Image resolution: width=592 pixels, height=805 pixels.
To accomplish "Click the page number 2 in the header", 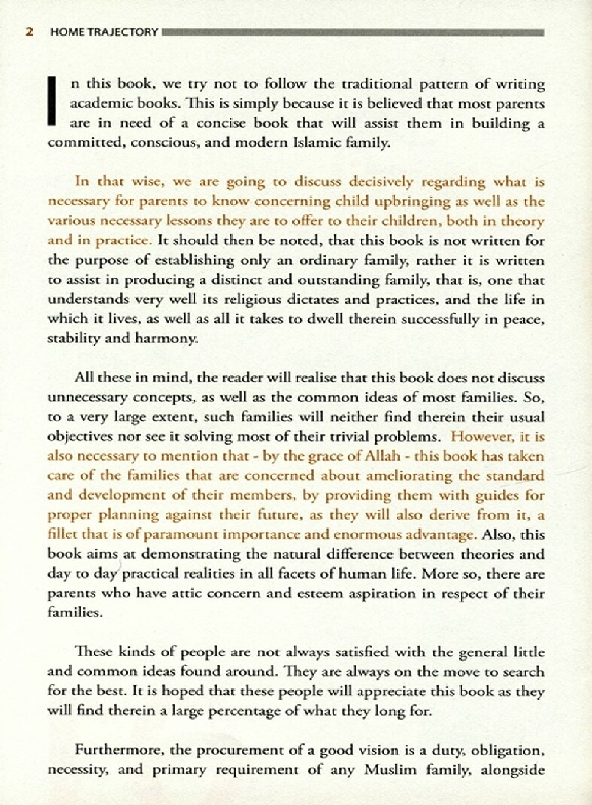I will coord(28,32).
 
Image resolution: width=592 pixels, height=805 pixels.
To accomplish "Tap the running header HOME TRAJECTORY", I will coord(105,32).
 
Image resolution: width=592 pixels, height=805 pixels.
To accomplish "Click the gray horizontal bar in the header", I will coord(352,33).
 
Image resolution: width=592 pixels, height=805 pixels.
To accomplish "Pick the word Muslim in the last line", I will coord(385,770).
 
